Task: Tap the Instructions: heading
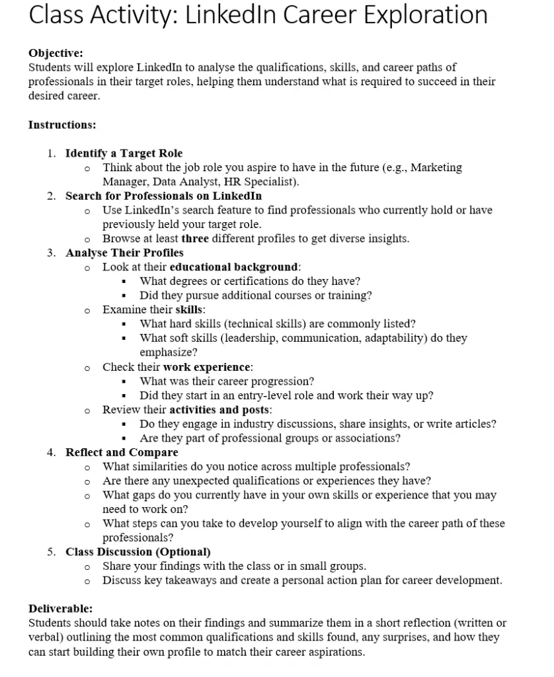[62, 124]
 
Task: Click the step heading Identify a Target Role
[124, 153]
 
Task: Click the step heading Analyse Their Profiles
[124, 253]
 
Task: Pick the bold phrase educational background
[234, 267]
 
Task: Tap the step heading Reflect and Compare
[122, 452]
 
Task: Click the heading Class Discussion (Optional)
[138, 551]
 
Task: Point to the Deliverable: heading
[60, 608]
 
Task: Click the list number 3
[51, 253]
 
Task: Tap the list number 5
[51, 551]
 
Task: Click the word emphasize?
[169, 352]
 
